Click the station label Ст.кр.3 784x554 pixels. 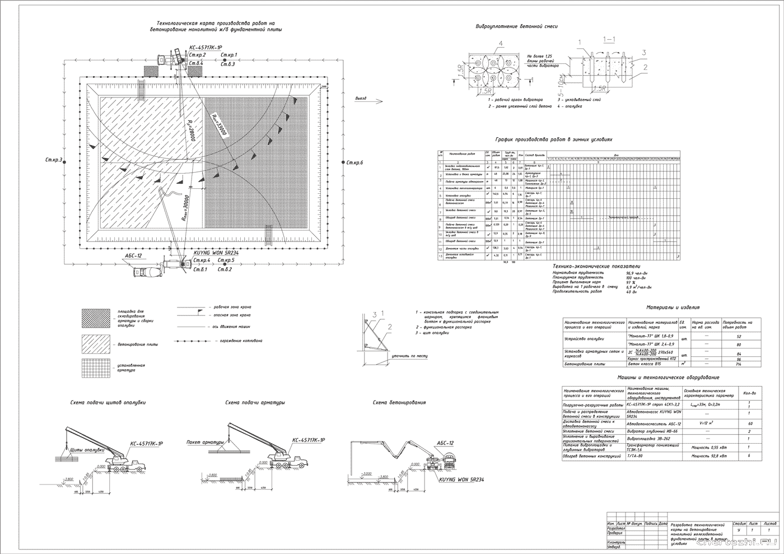pos(53,160)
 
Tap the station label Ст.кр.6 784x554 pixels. pos(354,162)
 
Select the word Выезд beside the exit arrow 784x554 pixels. pos(361,98)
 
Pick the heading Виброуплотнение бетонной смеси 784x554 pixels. pos(516,26)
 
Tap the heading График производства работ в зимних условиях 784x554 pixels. pos(554,139)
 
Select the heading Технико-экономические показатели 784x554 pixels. pos(596,267)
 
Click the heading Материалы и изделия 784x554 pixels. pos(673,307)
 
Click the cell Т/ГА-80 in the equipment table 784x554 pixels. pos(635,456)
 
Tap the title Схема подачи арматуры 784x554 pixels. pos(255,402)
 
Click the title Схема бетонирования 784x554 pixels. pos(399,402)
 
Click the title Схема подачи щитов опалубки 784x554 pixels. pos(108,402)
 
